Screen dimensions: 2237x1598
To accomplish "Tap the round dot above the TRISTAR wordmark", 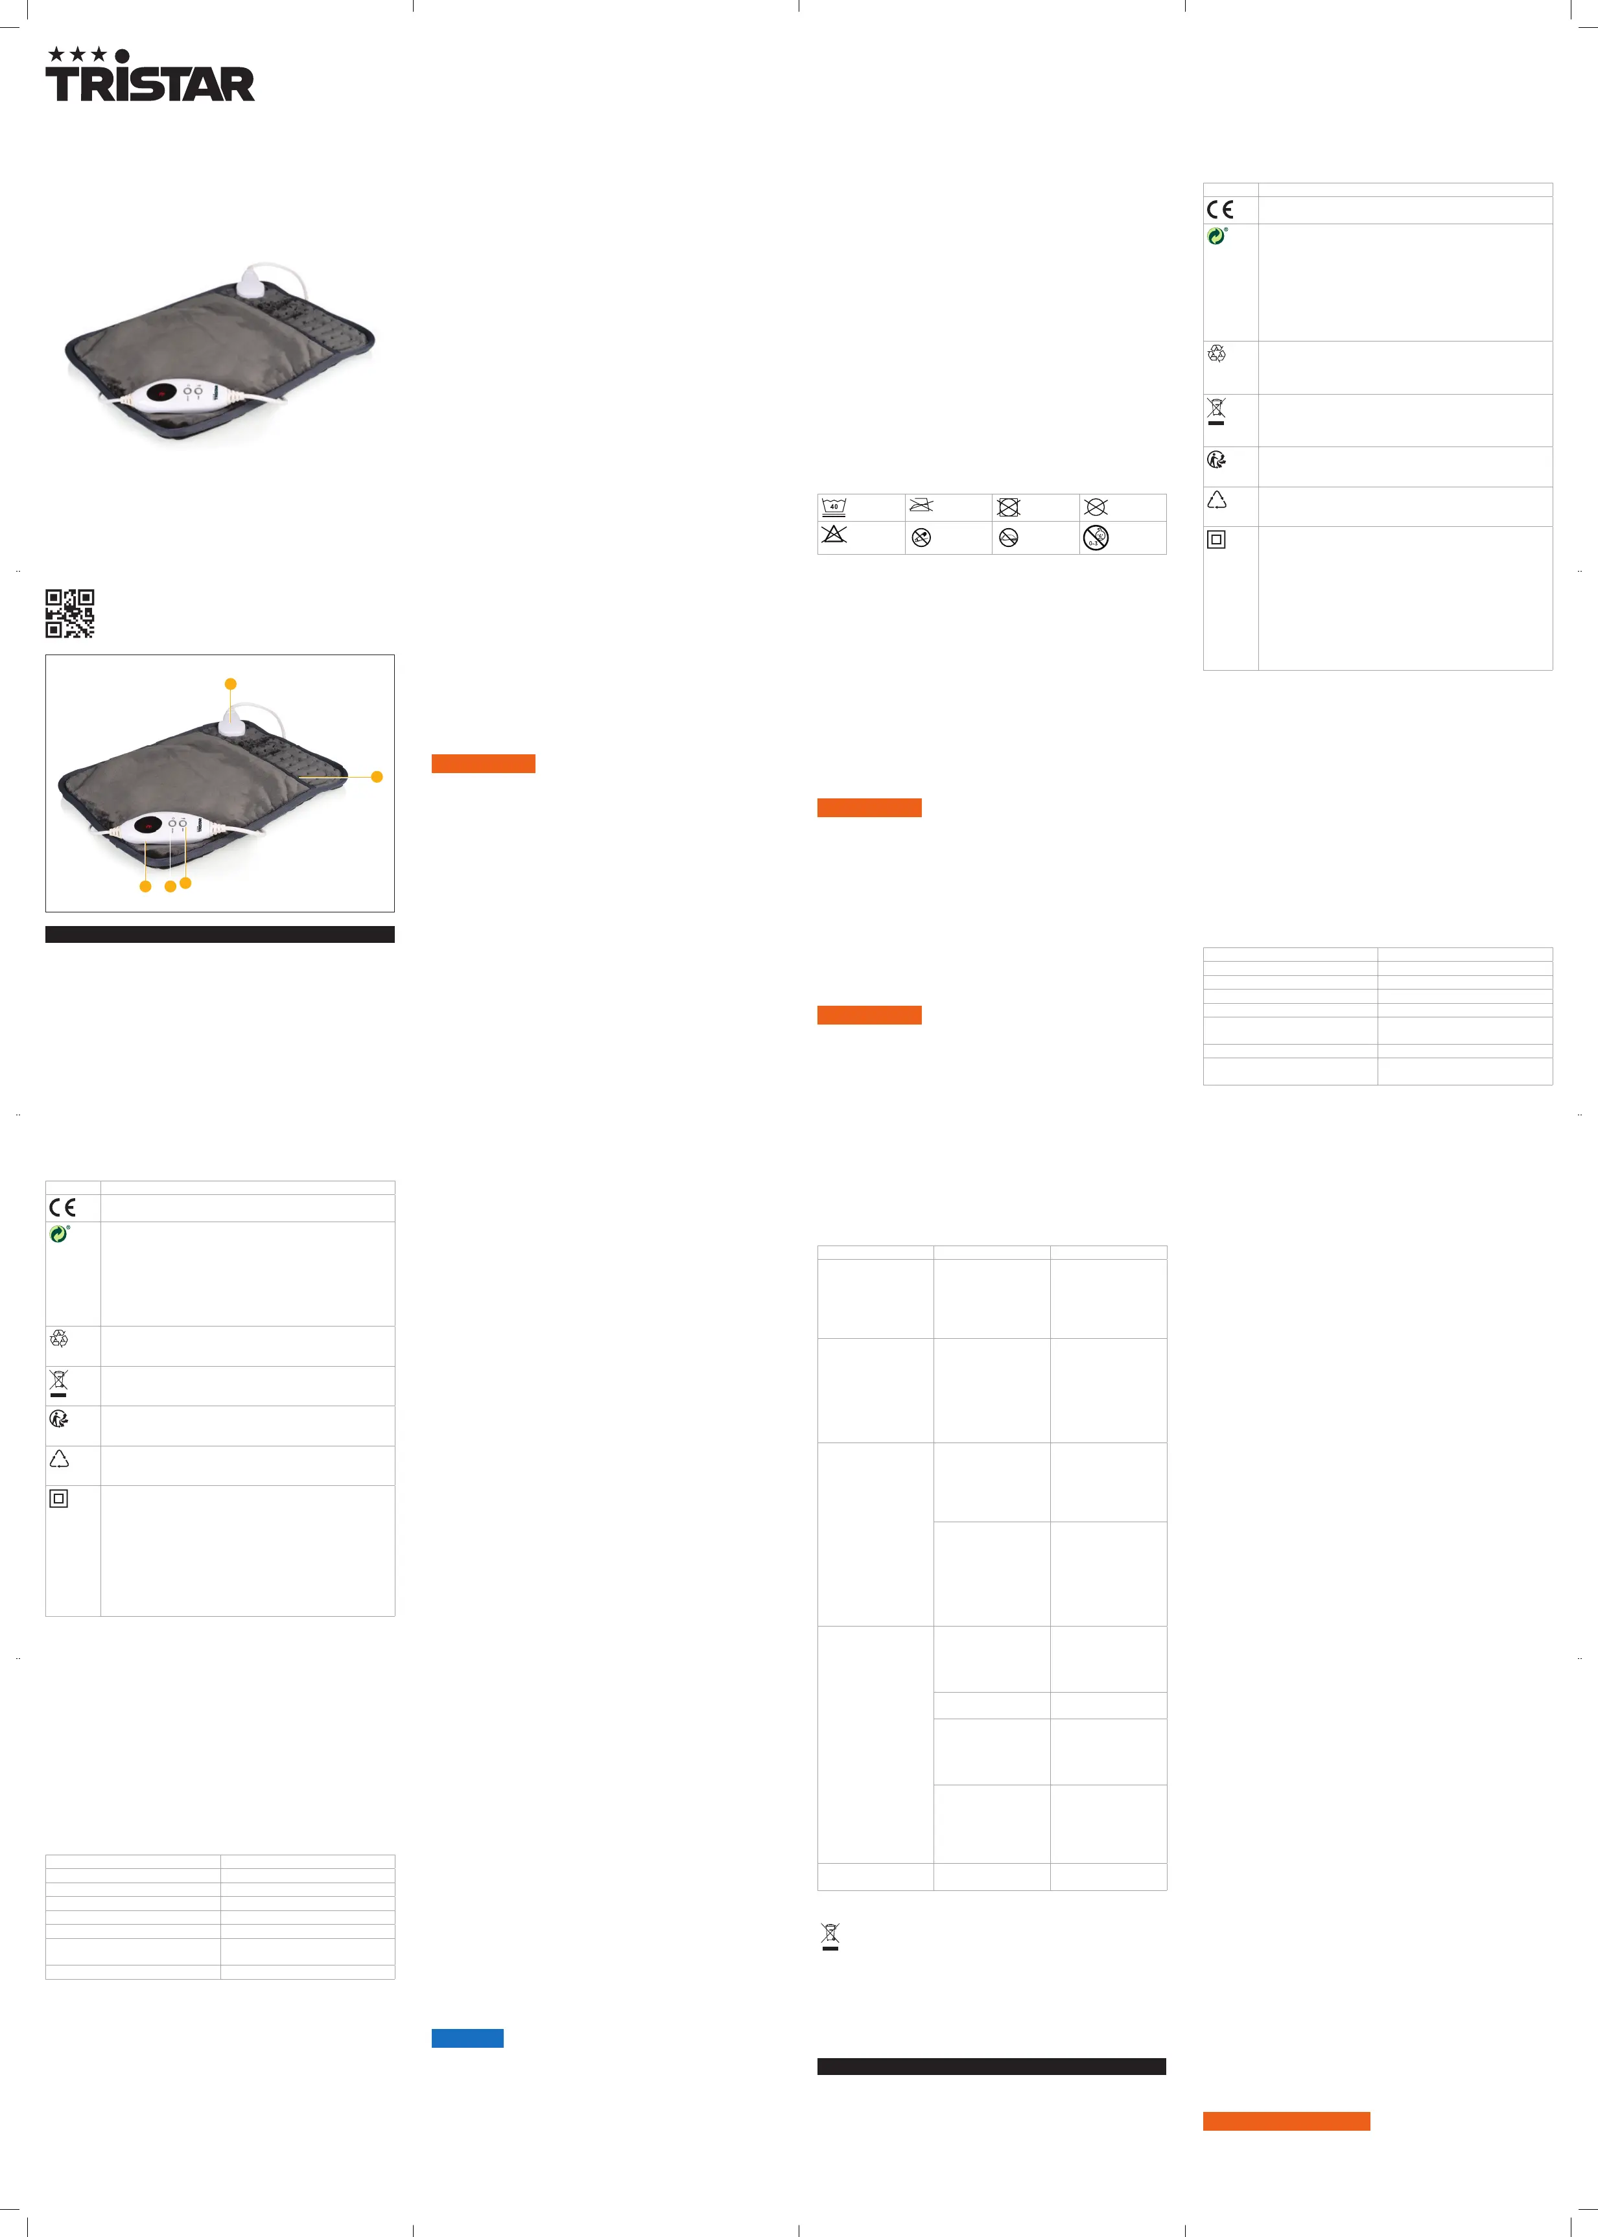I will point(122,55).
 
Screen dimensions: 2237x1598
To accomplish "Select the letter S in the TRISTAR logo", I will point(147,85).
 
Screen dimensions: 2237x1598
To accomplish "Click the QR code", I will point(70,613).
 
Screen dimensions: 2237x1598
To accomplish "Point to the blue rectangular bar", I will point(467,2037).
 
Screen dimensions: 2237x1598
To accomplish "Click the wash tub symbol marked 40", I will point(834,507).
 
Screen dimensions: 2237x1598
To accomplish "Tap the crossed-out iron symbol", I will point(921,505).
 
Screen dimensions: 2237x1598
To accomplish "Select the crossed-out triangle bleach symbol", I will point(834,535).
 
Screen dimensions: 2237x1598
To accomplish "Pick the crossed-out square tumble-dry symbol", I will point(1007,507).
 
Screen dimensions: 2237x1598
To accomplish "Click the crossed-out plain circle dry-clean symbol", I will point(1095,507).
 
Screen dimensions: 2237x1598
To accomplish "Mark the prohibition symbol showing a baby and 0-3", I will point(1095,537).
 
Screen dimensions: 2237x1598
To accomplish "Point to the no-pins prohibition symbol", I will point(921,537).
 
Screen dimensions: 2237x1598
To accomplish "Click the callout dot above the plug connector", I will point(230,684).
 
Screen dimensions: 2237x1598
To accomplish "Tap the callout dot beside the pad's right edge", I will point(376,776).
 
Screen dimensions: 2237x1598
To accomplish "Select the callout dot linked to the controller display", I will point(146,887).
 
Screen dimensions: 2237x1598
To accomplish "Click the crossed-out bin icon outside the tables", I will point(830,1936).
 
